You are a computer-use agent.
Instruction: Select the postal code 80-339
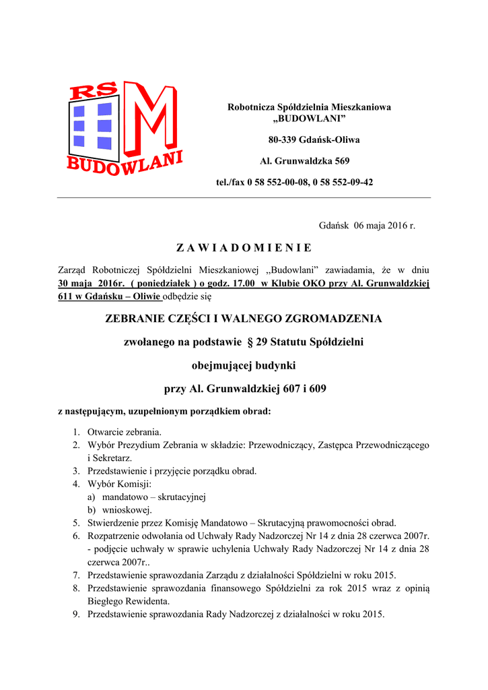click(x=283, y=140)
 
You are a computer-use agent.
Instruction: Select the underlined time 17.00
click(x=243, y=284)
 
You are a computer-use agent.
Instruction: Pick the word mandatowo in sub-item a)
click(x=125, y=497)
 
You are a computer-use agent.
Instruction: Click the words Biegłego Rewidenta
click(x=129, y=601)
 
